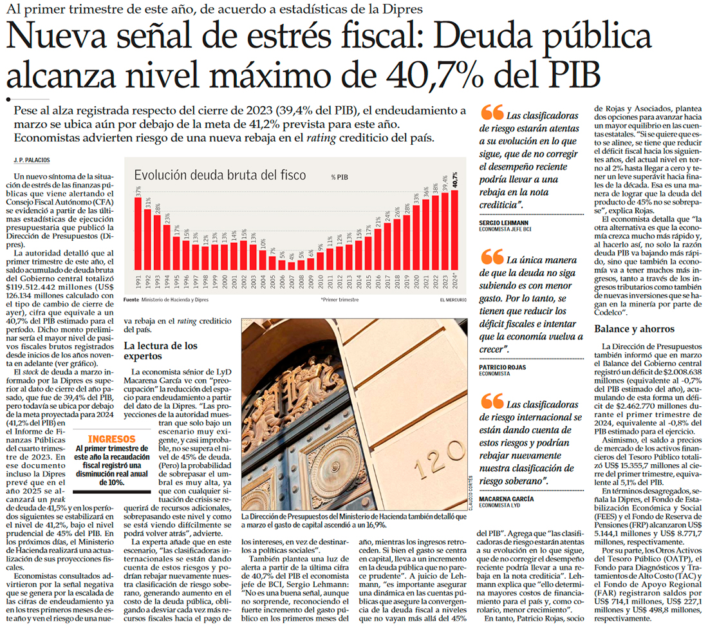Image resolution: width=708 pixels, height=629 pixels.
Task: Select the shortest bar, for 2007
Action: pyautogui.click(x=292, y=265)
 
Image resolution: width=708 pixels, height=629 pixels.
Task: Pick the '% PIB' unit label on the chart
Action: pyautogui.click(x=340, y=176)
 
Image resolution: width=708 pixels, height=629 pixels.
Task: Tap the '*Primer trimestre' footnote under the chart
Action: pyautogui.click(x=339, y=300)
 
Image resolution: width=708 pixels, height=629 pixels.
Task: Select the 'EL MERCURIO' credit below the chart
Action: pyautogui.click(x=453, y=300)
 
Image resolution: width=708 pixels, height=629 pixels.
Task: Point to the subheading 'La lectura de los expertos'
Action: pyautogui.click(x=160, y=351)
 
